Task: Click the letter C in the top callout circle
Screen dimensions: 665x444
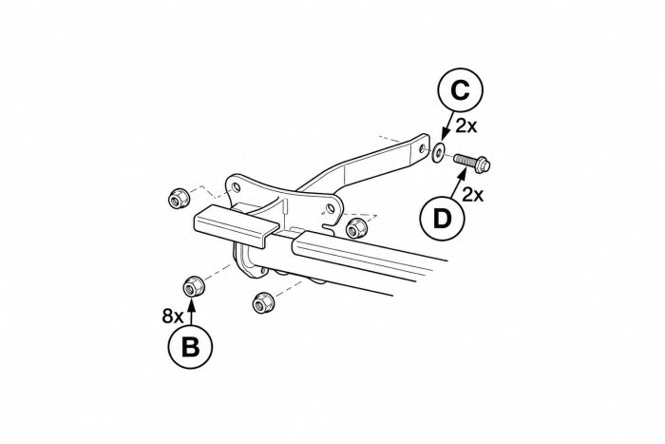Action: point(460,90)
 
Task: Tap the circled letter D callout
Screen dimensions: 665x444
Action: point(442,219)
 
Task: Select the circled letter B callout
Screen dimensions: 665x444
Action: point(190,346)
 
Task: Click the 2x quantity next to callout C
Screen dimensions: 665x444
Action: point(466,125)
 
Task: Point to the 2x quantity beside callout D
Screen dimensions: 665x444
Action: point(473,195)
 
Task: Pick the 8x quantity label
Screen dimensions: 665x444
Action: point(173,317)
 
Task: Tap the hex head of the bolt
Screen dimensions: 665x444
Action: point(483,164)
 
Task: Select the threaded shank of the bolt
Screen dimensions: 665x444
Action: point(464,160)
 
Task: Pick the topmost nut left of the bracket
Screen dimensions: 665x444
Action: point(179,198)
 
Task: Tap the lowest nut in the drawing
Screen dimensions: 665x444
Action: point(262,302)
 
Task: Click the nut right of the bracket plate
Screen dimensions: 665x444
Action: point(355,228)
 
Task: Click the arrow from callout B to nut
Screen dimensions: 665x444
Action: point(191,312)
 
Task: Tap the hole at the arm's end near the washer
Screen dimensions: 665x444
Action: point(422,148)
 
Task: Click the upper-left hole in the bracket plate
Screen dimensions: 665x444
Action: point(237,187)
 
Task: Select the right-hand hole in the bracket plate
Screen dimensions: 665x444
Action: point(331,208)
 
